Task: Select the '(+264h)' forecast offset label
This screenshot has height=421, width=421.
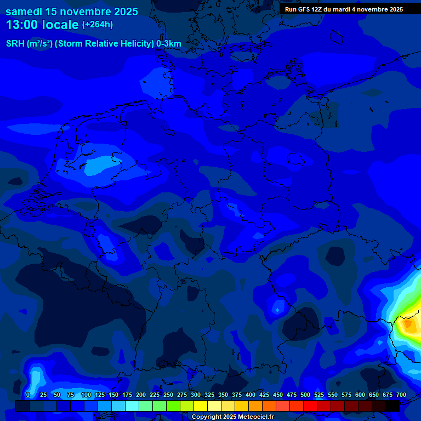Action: (x=98, y=24)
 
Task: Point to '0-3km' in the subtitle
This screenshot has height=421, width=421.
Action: (x=169, y=44)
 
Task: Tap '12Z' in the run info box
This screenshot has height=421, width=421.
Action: (x=317, y=9)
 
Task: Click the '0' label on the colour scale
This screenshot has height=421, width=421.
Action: (x=28, y=395)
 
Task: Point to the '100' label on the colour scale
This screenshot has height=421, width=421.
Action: (x=86, y=395)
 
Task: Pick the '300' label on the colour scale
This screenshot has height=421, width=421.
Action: (x=196, y=395)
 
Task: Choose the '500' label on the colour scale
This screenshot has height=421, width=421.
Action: (x=305, y=395)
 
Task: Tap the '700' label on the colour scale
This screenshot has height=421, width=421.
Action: (x=401, y=395)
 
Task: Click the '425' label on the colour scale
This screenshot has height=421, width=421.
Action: (x=264, y=395)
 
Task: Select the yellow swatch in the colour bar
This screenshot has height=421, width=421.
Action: (x=201, y=406)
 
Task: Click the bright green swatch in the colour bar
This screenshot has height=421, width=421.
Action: (x=173, y=406)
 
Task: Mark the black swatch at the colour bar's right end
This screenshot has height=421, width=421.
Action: (x=392, y=406)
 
